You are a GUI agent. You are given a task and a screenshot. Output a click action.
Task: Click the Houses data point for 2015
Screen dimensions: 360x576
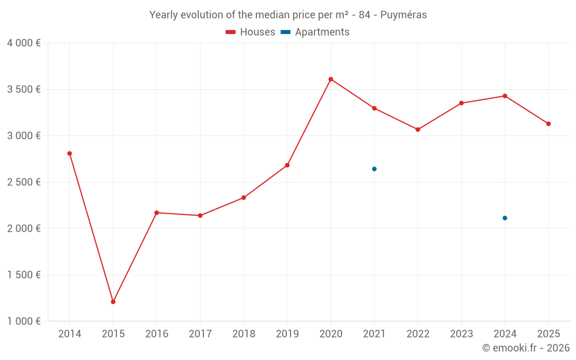(x=113, y=302)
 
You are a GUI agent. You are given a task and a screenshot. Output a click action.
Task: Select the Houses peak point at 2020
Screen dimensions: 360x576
(x=331, y=79)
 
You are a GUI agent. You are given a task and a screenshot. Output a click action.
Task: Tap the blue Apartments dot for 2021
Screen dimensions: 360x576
(x=374, y=169)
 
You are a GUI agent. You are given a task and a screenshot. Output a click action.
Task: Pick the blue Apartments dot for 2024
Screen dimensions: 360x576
(x=505, y=218)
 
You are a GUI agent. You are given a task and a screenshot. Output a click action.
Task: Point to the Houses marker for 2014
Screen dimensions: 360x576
(x=70, y=153)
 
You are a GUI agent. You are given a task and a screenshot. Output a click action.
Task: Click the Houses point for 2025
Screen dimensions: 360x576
(x=548, y=124)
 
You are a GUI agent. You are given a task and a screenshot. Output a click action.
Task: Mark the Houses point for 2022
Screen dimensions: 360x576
(x=418, y=130)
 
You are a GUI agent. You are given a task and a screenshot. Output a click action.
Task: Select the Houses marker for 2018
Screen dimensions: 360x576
(x=244, y=198)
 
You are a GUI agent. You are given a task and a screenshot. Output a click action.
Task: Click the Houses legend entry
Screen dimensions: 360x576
(x=251, y=32)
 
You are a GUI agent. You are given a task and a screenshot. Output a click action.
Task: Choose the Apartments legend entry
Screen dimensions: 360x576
(x=315, y=32)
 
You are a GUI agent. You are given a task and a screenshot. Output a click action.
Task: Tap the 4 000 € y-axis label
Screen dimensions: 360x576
(x=24, y=43)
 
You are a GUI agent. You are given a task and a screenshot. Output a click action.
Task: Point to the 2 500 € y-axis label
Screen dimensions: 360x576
(x=24, y=182)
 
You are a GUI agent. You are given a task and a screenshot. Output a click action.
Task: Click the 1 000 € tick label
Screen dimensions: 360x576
(x=24, y=321)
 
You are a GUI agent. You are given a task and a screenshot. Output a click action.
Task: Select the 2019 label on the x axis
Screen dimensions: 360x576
(x=287, y=334)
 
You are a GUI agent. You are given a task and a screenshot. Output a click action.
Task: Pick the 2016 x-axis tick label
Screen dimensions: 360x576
(x=157, y=334)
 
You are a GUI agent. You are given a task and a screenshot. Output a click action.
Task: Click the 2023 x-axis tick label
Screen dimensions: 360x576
(x=461, y=334)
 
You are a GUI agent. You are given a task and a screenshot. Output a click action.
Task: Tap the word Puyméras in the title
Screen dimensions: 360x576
(x=404, y=15)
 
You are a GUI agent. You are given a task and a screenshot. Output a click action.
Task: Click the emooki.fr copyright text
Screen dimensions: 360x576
(x=525, y=348)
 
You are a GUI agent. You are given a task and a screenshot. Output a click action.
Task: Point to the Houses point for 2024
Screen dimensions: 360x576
(x=505, y=96)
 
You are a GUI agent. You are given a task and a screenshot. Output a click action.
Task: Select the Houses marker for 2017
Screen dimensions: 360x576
(x=200, y=215)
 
